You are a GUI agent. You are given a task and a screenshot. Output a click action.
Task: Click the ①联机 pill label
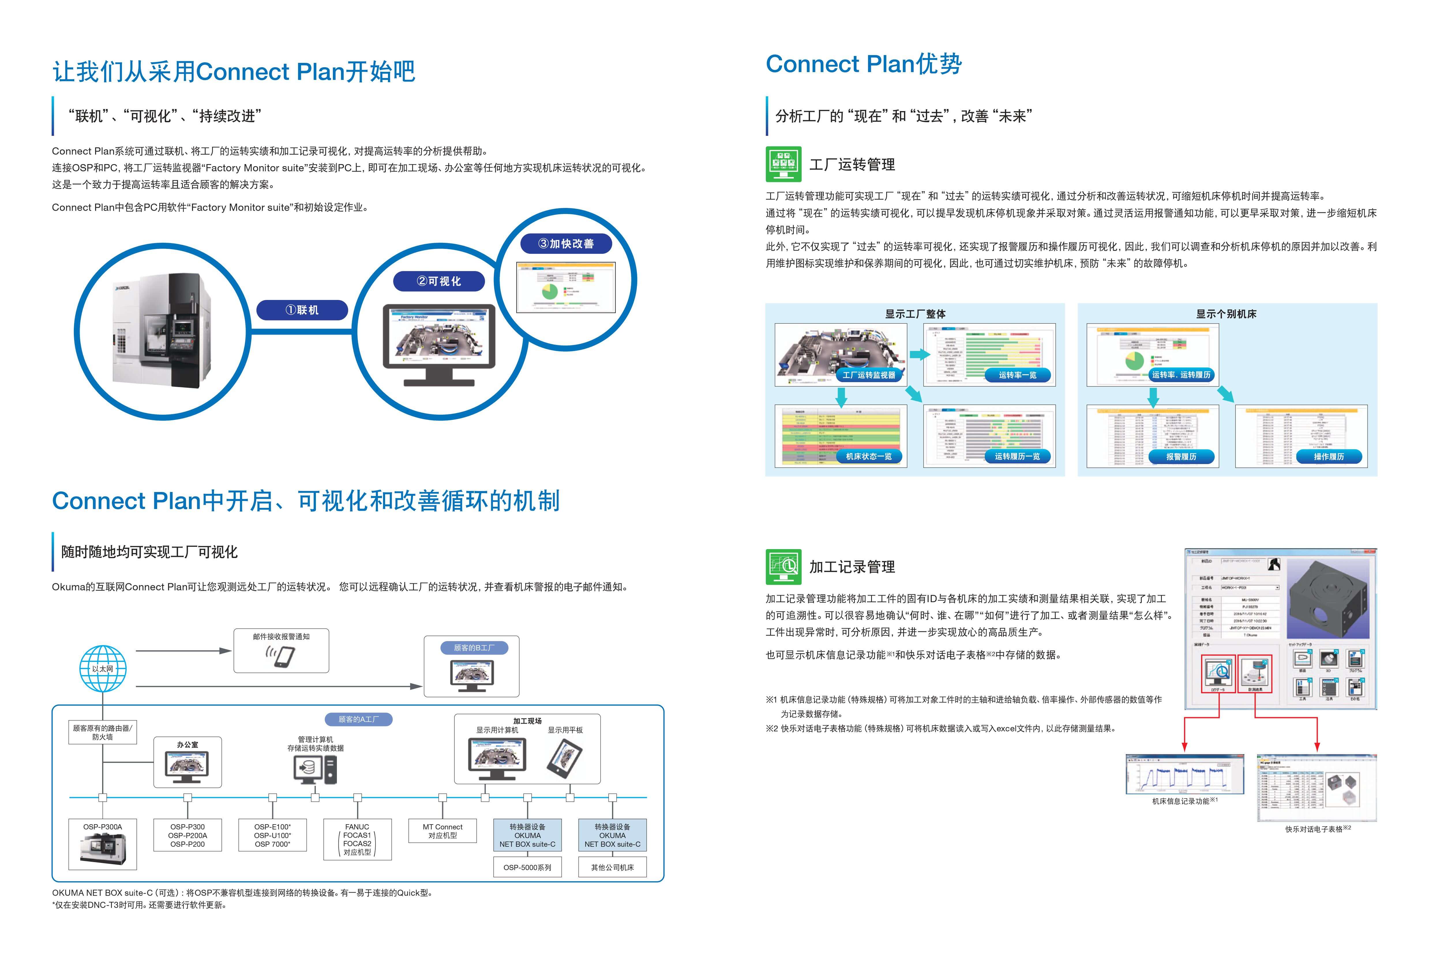tap(302, 310)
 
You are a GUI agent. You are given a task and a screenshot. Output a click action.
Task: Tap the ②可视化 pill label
tap(439, 281)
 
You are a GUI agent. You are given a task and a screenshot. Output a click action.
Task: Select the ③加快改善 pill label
tap(566, 243)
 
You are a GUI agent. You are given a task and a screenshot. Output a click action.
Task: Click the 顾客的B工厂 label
tap(474, 648)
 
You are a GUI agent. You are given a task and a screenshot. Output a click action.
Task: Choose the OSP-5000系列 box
tap(527, 867)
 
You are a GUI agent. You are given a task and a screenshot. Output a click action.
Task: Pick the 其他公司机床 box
tap(612, 867)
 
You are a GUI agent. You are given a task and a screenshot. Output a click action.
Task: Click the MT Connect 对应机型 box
tap(442, 831)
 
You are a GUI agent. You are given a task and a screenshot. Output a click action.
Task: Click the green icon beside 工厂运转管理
tap(783, 164)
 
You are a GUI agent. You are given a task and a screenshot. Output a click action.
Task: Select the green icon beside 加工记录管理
tap(783, 566)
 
